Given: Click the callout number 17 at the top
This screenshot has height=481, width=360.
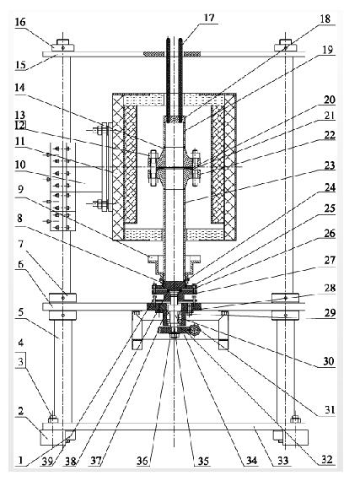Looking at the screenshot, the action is [210, 18].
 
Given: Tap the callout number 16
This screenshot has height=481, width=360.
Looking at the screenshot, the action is [20, 23].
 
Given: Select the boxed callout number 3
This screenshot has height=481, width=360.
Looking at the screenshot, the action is [20, 361].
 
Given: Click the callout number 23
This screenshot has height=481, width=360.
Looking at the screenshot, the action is [330, 165].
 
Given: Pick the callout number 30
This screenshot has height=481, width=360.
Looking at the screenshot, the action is [329, 361].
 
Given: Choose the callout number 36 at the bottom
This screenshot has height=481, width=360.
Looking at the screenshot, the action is [142, 461].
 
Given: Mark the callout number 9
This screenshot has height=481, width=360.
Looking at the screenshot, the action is [20, 189].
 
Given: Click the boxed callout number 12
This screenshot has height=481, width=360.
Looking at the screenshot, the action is [20, 125].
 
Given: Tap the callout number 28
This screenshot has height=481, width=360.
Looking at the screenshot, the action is [329, 288].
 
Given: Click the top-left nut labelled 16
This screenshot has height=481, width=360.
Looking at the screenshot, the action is [63, 46].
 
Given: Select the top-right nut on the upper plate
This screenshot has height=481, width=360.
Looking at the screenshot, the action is [286, 46].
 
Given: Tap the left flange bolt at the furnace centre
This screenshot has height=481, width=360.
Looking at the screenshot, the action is [153, 167].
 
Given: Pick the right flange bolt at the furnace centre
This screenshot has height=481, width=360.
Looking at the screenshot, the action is [195, 167].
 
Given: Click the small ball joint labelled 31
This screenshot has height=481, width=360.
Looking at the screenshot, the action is [195, 330].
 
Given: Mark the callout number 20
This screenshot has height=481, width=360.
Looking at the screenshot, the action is [330, 100].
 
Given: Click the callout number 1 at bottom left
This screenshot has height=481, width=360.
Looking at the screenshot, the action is [20, 460].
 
